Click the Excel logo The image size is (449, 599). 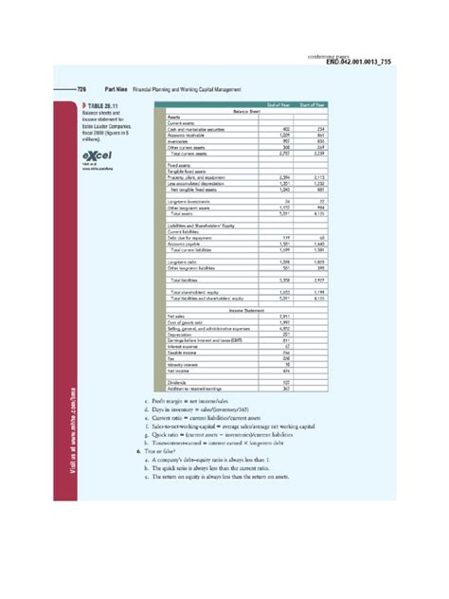96,156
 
